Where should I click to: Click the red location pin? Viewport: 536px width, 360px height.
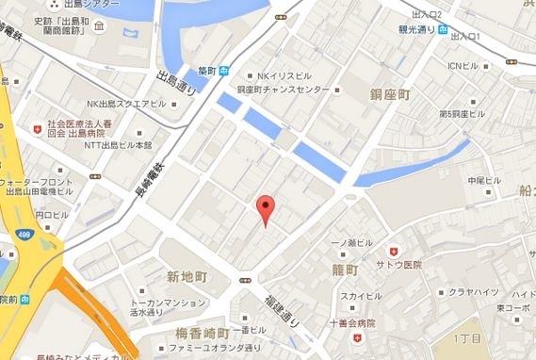[x=266, y=207]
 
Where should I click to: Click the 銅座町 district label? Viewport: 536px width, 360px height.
[x=389, y=94]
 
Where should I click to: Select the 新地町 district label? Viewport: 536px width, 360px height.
[x=187, y=277]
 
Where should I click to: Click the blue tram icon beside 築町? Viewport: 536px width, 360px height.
[x=224, y=70]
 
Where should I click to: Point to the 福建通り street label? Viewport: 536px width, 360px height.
[x=280, y=308]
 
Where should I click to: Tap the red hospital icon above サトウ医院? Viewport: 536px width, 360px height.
[x=395, y=251]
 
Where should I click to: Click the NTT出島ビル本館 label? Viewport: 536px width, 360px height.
[x=119, y=145]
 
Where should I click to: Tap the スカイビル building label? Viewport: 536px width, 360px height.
[x=361, y=296]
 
